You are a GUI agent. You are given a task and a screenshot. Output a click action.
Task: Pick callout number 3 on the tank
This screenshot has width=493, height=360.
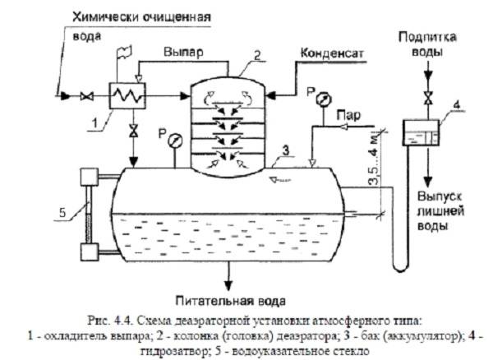[283, 149]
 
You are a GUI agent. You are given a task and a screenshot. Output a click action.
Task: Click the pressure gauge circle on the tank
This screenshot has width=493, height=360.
[175, 141]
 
